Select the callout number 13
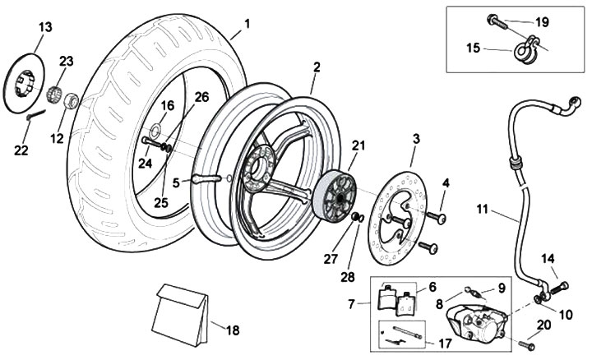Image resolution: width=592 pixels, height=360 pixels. [x=45, y=27]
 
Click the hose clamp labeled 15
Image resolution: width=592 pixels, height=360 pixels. [x=524, y=50]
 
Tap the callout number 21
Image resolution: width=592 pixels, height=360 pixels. [x=358, y=145]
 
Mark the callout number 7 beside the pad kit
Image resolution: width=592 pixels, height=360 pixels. [x=353, y=304]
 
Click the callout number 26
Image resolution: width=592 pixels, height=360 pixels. [x=201, y=97]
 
